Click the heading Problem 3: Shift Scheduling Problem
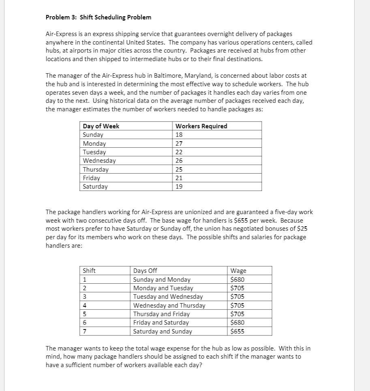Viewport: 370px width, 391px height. pos(98,17)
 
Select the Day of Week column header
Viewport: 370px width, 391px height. pos(101,126)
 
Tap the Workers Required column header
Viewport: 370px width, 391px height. pos(201,126)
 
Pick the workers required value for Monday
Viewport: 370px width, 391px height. pos(179,143)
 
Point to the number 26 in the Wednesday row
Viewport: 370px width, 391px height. pos(179,161)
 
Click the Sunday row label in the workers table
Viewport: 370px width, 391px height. pos(93,135)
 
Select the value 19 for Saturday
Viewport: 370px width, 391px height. pos(179,187)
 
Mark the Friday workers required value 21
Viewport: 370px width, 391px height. pos(179,178)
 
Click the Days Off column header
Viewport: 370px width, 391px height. pos(145,271)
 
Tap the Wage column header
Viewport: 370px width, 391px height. pos(238,271)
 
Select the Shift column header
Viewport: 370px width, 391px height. pos(89,271)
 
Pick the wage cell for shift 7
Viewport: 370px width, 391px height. pos(237,331)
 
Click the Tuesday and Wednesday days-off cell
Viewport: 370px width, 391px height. pos(168,297)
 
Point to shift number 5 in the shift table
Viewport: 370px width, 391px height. pos(85,314)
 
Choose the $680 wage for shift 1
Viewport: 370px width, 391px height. pos(237,279)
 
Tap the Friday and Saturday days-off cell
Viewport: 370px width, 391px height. pos(161,323)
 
